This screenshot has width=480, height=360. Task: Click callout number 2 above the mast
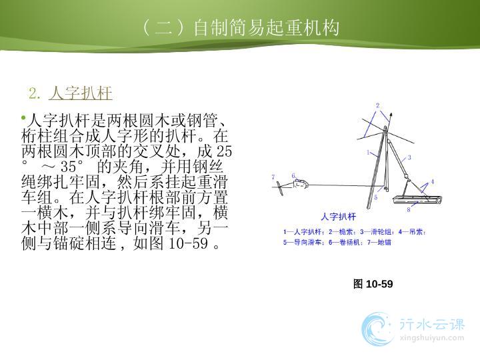(377, 105)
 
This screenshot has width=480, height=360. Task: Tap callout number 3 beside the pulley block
(409, 157)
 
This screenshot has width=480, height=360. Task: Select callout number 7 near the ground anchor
(273, 177)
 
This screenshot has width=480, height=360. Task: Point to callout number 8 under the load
(409, 210)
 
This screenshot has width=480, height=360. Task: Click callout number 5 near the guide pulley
(376, 197)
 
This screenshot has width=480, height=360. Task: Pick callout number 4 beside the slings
(433, 181)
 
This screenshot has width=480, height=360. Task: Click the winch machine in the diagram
(300, 184)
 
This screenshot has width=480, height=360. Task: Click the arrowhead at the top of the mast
(391, 115)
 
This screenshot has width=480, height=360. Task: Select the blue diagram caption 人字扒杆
(338, 217)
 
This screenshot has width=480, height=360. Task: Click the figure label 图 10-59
(373, 284)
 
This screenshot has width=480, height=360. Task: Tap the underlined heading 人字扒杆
(81, 93)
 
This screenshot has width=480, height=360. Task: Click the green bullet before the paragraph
(23, 117)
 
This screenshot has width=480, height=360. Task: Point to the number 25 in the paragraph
(224, 151)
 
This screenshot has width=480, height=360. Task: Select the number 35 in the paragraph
(68, 167)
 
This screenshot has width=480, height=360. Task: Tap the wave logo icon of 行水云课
(377, 329)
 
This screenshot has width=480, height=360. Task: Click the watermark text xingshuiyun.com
(431, 338)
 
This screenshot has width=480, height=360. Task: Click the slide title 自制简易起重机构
(266, 28)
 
